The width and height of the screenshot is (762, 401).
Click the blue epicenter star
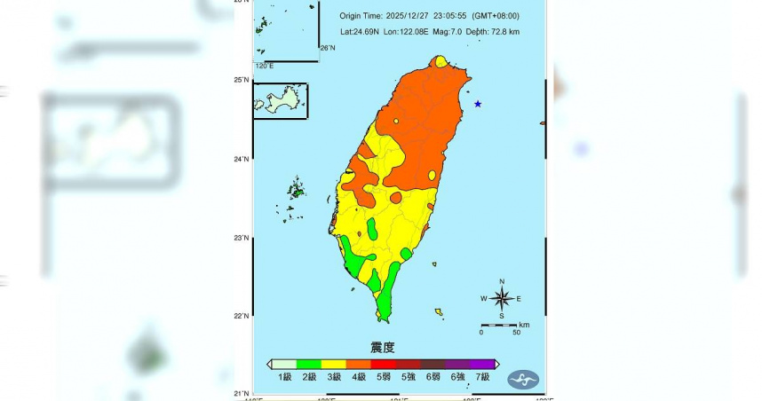point(478,104)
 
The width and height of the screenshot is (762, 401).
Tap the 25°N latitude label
point(241,80)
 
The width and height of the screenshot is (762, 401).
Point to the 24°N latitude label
point(241,159)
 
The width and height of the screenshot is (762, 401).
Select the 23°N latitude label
point(241,238)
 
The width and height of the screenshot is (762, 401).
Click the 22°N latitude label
point(241,316)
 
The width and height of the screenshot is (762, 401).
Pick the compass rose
point(502,298)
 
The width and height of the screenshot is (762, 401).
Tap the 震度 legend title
point(382,347)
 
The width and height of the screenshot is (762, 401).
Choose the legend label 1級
point(285,378)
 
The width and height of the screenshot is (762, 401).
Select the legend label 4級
point(360,378)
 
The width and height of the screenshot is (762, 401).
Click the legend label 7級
point(483,378)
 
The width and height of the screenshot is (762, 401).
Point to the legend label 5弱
point(385,378)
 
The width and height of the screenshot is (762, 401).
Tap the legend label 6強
point(458,378)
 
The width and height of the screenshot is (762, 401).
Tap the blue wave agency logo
point(523,380)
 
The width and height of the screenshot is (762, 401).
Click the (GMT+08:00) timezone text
point(496,16)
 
